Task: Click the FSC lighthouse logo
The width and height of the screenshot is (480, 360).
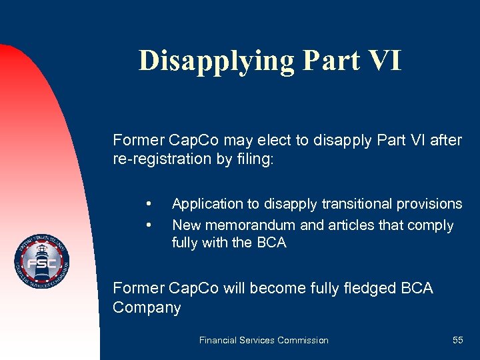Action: (42, 261)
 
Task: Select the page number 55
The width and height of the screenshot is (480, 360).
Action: (457, 340)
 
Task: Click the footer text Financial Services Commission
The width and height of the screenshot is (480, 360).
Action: (263, 340)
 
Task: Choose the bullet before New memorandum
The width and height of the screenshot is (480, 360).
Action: (149, 225)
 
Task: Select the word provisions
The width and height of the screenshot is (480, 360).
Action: (430, 204)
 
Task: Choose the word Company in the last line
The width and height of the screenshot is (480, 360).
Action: (147, 308)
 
